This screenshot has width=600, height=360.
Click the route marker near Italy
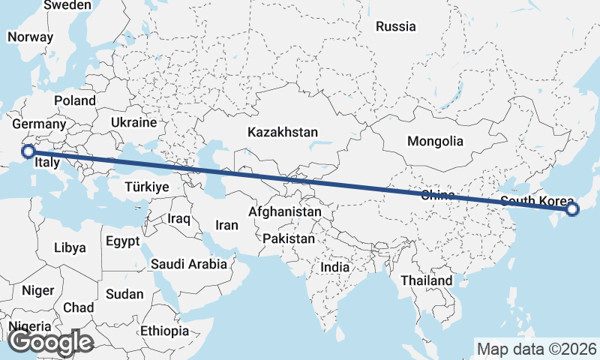click(x=28, y=151)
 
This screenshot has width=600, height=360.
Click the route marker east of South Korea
click(x=572, y=209)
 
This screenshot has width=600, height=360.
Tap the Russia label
click(x=395, y=27)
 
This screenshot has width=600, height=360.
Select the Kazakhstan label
click(x=283, y=132)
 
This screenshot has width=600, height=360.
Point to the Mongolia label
click(x=435, y=141)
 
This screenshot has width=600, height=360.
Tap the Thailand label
click(x=426, y=280)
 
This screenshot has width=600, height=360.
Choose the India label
click(x=334, y=267)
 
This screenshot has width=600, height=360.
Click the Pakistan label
click(x=289, y=238)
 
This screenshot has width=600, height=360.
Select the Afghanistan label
click(x=285, y=212)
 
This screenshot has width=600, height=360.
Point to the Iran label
click(x=226, y=225)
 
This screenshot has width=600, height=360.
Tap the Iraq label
click(x=179, y=219)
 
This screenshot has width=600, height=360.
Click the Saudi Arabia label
click(x=188, y=264)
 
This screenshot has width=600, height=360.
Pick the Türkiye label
click(x=147, y=187)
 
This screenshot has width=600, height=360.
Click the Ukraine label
click(x=133, y=122)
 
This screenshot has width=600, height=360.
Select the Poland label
click(x=74, y=100)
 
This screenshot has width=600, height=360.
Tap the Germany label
click(x=40, y=124)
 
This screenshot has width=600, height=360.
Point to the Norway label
click(x=30, y=37)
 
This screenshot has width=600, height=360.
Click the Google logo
click(x=50, y=342)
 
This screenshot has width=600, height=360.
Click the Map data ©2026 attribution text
click(x=536, y=349)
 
